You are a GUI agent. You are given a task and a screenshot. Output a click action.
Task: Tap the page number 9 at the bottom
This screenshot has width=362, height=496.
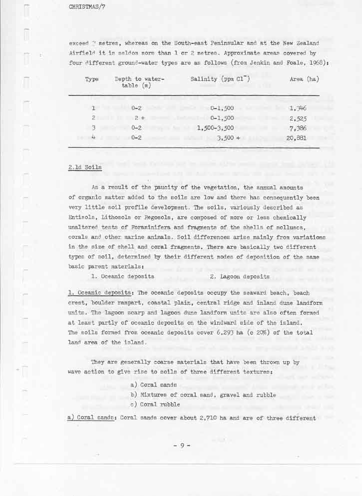click(x=182, y=445)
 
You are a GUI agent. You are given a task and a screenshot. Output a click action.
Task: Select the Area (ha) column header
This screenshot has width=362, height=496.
click(x=304, y=79)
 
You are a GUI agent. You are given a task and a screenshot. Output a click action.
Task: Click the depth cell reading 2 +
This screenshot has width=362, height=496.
click(x=139, y=118)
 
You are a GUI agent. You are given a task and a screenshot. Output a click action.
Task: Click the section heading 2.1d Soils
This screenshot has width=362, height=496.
click(x=85, y=167)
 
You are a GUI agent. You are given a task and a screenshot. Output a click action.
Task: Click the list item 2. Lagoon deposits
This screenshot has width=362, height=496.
click(x=240, y=276)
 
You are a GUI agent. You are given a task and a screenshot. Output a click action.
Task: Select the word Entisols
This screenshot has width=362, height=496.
click(x=81, y=217)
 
